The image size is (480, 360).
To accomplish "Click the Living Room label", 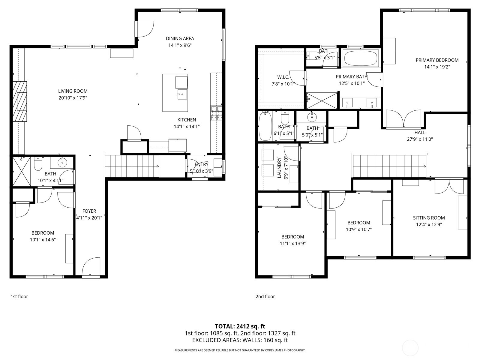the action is (73, 91).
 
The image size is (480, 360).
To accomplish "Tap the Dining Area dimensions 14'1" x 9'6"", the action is (180, 45).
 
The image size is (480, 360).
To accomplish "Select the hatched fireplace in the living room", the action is (20, 101).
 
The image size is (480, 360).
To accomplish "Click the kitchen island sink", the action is (182, 94).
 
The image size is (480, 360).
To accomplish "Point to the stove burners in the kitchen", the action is (217, 113).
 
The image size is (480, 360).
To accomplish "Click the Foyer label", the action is (89, 211).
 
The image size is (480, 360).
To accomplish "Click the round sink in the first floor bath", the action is (62, 162).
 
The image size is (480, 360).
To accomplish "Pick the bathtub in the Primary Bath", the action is (361, 58).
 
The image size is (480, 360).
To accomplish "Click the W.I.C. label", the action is (283, 77).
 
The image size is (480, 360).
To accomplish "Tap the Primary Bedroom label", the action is (437, 60).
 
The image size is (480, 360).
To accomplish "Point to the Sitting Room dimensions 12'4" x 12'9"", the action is (429, 224).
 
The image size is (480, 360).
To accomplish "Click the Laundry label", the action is (279, 168).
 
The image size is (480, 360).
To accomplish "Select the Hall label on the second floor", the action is (420, 132).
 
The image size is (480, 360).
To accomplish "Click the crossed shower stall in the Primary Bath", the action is (322, 101).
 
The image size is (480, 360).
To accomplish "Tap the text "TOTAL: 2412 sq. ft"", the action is (240, 326).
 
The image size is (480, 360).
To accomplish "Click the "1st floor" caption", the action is (19, 296).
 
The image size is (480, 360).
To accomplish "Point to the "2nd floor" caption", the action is (265, 296).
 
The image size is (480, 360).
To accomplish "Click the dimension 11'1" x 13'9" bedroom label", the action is (292, 244).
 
